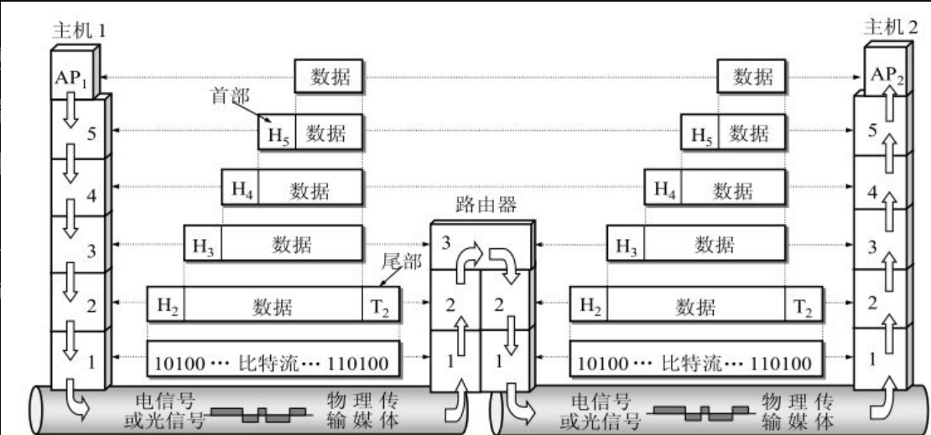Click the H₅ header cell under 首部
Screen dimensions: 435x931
277,132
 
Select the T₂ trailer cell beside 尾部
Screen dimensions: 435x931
382,305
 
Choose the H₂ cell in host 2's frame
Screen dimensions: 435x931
589,305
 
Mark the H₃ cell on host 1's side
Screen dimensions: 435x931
203,245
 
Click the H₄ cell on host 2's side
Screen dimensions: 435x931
663,189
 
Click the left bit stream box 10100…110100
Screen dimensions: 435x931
273,363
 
